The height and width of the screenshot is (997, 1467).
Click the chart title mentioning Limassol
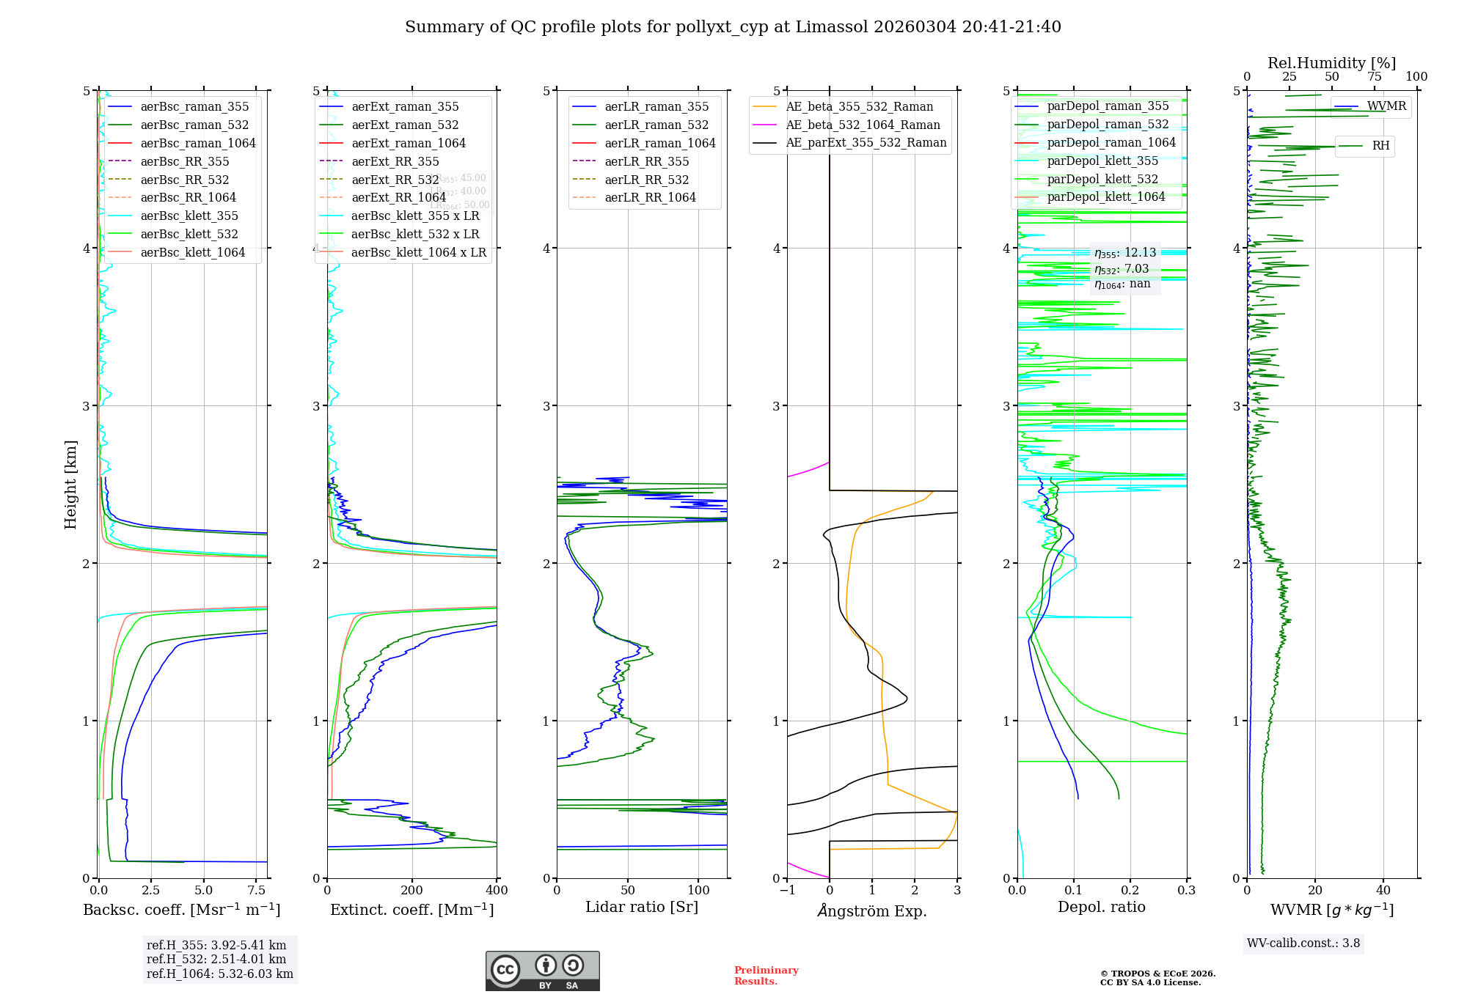tap(733, 27)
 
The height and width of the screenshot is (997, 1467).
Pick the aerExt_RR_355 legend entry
tap(395, 161)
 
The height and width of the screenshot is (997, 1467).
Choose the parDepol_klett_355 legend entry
tap(1102, 161)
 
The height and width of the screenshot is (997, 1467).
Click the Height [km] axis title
tap(70, 485)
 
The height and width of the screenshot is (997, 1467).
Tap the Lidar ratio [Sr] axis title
tap(642, 907)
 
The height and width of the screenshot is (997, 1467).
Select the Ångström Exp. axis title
tap(872, 910)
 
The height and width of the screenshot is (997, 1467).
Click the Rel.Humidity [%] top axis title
tap(1331, 63)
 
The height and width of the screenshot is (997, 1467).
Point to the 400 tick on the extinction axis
tap(497, 891)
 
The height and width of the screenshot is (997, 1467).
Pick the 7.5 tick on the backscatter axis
tap(257, 891)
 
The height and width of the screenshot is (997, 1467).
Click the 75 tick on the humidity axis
tap(1374, 77)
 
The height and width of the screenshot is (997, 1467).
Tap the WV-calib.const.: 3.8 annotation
tap(1303, 943)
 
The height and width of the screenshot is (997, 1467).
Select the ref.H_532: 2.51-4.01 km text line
tap(216, 960)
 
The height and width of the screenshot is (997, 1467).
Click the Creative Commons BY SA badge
tap(542, 971)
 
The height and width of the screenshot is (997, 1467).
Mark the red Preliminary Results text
tap(766, 976)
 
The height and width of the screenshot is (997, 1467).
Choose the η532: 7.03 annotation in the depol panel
tap(1122, 269)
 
